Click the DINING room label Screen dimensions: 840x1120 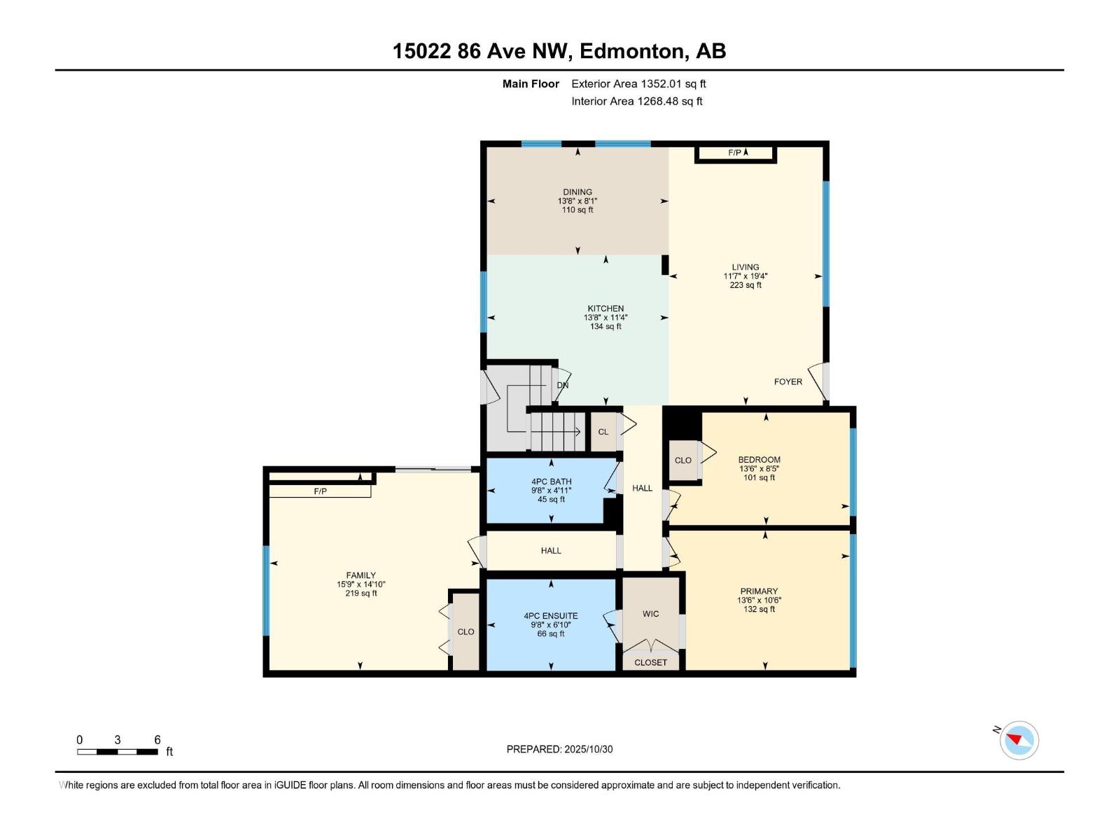tap(577, 192)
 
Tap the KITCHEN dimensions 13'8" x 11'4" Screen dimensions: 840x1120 tap(605, 317)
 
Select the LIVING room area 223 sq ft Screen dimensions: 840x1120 tap(745, 285)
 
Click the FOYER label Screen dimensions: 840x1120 tap(787, 381)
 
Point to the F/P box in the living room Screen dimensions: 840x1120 tap(735, 153)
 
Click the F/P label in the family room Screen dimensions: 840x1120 tap(320, 491)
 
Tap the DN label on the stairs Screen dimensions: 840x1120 tap(562, 385)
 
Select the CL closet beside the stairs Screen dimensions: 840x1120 tap(603, 432)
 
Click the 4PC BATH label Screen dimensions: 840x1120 tap(551, 482)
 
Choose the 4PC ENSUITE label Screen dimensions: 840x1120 tap(551, 616)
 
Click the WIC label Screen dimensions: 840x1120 tap(650, 614)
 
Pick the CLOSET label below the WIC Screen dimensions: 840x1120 tap(650, 662)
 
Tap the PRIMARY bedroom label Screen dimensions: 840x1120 tap(759, 591)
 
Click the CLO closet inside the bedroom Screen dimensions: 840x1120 tap(683, 461)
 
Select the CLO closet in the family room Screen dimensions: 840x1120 tap(465, 631)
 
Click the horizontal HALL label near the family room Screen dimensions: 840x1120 tap(551, 551)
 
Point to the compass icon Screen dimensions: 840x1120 tap(1019, 740)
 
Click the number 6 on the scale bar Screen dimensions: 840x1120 tap(157, 740)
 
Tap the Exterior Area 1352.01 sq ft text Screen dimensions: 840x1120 tap(638, 84)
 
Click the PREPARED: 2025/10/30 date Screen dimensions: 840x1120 tap(559, 749)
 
